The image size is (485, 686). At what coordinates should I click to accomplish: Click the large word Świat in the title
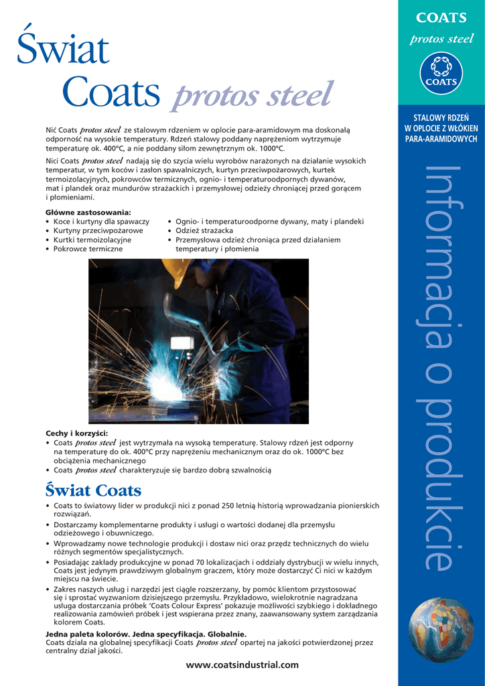click(x=63, y=50)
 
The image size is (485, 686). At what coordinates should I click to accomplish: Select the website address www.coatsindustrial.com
click(x=242, y=665)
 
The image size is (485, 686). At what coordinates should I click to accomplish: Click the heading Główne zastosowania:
click(x=87, y=212)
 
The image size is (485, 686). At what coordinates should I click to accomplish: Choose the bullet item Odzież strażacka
click(x=204, y=230)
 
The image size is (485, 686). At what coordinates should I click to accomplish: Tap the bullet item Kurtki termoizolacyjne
click(x=92, y=240)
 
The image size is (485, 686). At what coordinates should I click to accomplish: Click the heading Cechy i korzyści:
click(x=76, y=433)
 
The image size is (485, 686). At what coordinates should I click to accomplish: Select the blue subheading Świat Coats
click(x=93, y=490)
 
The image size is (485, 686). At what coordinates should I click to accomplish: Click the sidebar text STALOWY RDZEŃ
click(x=441, y=119)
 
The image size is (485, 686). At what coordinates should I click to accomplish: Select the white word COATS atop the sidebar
click(x=441, y=18)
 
